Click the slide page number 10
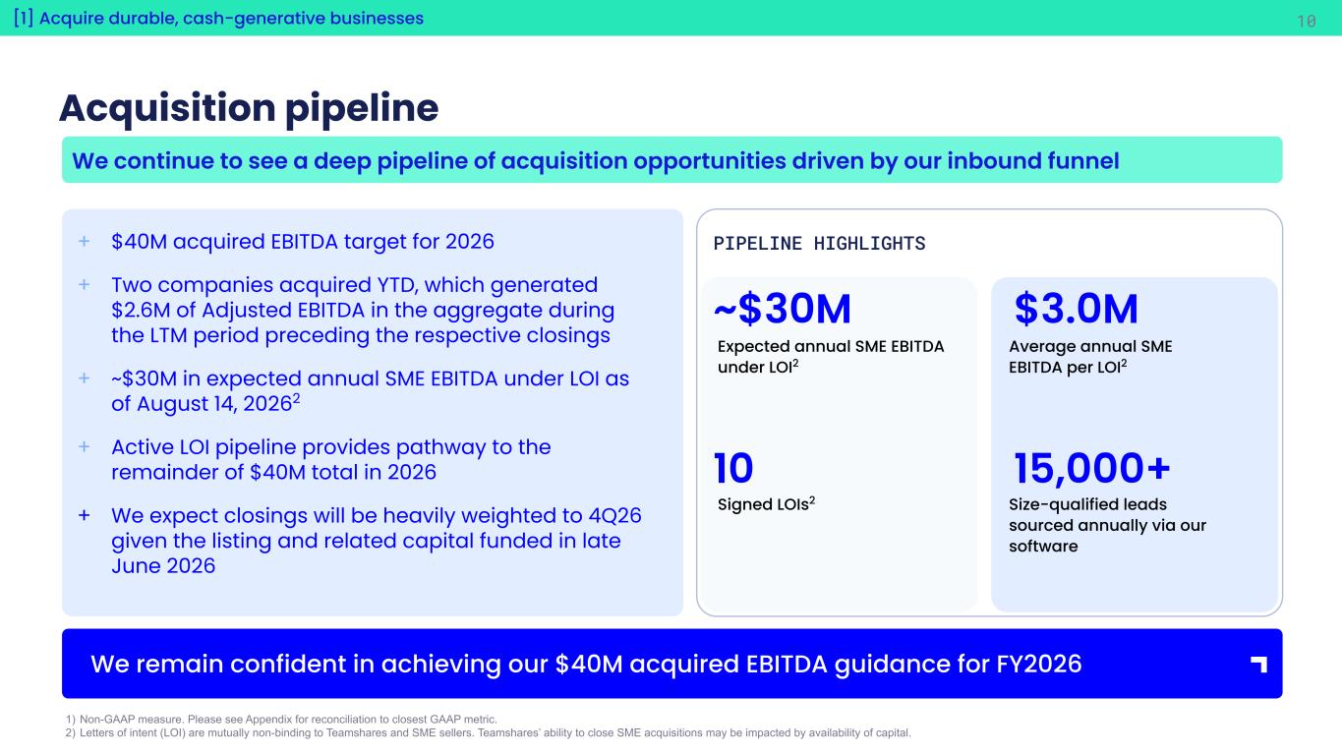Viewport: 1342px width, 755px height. point(1306,22)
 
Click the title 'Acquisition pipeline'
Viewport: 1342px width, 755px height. point(249,108)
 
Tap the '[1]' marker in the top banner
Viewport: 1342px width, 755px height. point(24,18)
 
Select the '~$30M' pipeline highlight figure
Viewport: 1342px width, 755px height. point(783,309)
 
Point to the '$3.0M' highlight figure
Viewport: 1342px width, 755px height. point(1076,309)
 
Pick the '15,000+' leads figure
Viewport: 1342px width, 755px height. point(1091,468)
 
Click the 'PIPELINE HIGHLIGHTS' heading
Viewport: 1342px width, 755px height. point(819,243)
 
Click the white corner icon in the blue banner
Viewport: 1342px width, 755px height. point(1258,664)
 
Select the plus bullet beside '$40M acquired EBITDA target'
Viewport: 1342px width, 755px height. point(85,241)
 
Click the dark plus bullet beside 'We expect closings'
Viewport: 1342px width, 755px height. point(85,515)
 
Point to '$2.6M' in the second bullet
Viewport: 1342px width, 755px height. point(141,311)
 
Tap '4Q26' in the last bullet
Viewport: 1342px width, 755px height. point(614,516)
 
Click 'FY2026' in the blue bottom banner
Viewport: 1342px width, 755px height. point(1039,664)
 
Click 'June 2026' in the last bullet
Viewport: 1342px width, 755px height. point(163,566)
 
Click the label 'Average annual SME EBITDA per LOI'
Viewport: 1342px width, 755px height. point(1090,357)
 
